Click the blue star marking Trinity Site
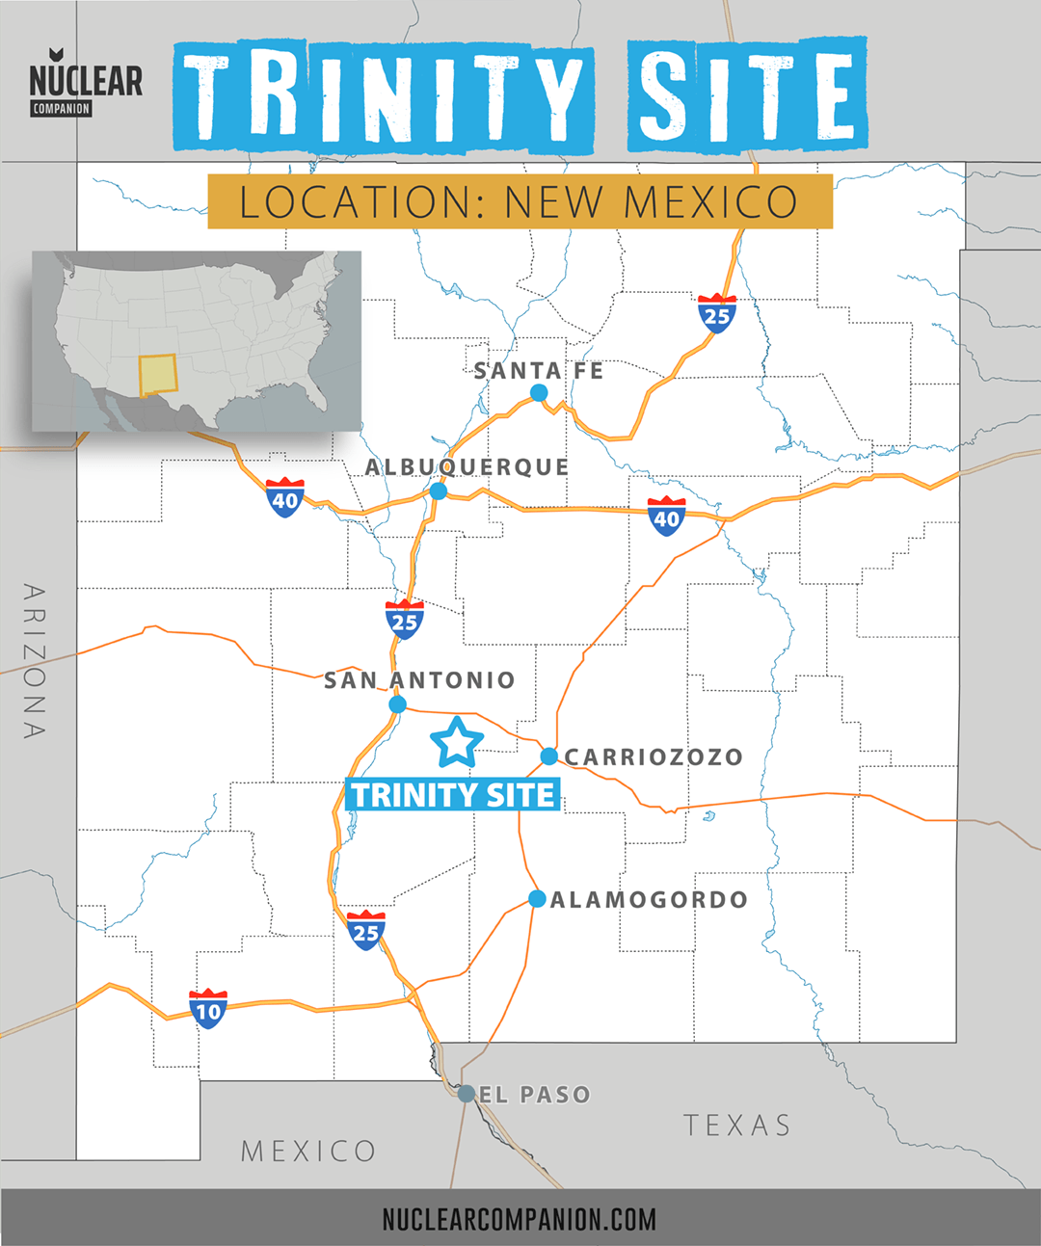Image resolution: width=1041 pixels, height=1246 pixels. [457, 742]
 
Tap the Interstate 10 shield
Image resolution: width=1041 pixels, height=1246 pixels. [208, 1009]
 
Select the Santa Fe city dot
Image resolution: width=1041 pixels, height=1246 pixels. [539, 392]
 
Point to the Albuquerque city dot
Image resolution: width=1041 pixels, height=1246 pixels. [439, 491]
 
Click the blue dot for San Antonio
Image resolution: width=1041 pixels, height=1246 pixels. [397, 704]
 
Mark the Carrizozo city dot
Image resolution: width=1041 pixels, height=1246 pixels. [548, 756]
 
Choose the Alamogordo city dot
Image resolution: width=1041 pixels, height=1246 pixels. [537, 899]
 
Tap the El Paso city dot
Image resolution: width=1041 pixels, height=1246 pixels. [467, 1094]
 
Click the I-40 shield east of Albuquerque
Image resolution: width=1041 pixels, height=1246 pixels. [666, 517]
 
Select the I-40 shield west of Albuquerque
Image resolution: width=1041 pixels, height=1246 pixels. [285, 498]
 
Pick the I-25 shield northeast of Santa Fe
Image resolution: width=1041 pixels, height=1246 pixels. [717, 314]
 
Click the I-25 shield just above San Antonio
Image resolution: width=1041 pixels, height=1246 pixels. [405, 620]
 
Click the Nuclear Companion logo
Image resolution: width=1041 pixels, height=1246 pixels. [85, 83]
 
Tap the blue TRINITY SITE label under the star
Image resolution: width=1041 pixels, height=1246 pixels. [452, 795]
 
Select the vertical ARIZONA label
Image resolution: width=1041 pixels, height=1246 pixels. [35, 661]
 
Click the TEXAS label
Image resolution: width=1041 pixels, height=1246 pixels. [737, 1125]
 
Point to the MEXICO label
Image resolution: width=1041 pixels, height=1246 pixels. [308, 1151]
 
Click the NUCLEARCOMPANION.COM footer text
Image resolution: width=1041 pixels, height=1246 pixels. [519, 1219]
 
